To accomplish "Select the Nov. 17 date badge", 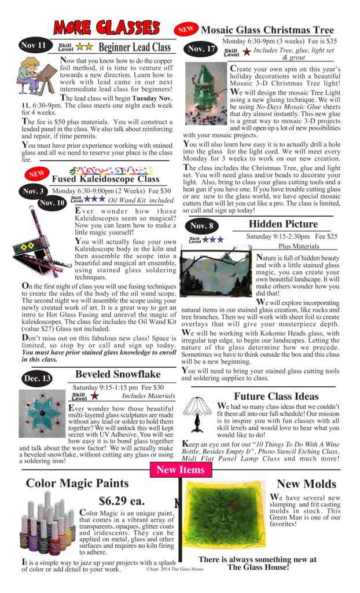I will [x=201, y=50].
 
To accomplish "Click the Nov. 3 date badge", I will [x=34, y=191].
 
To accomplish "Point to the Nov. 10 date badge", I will [x=52, y=203].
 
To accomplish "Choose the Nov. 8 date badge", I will [x=201, y=226].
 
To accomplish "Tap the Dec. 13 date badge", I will [x=37, y=378].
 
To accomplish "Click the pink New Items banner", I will [x=180, y=470].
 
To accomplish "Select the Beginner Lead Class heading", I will [x=135, y=47].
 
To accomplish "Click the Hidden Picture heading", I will [x=283, y=224].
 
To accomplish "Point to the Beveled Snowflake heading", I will [x=117, y=374].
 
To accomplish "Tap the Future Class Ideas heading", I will [x=276, y=396].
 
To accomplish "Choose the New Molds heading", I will [x=306, y=484].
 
